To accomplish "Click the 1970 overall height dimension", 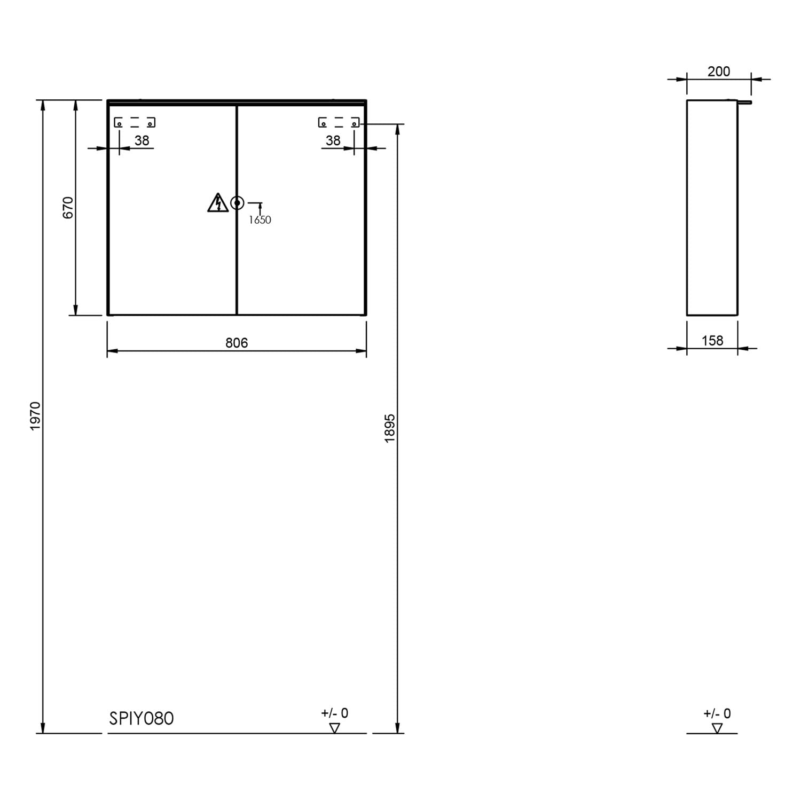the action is [35, 417].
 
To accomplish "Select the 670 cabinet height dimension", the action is [68, 208].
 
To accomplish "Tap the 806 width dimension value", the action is [237, 343].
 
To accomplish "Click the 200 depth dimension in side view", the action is [719, 72].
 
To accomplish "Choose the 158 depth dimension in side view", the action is [712, 341].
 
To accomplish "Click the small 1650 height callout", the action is [260, 220].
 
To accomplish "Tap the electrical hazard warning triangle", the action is [218, 203].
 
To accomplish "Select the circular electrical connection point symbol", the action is [237, 203].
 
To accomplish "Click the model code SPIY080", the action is [142, 719].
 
